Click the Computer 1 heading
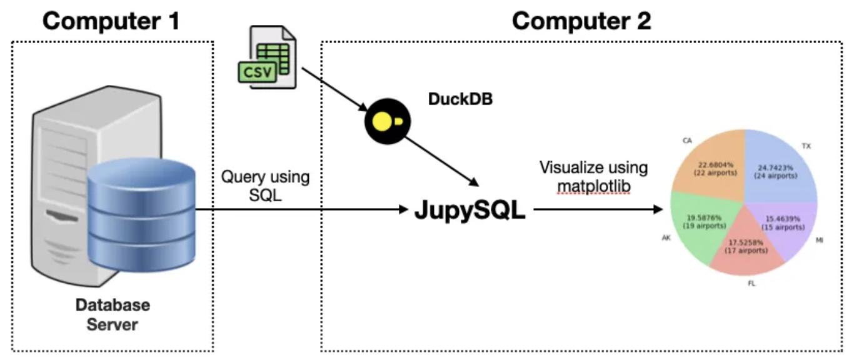pyautogui.click(x=112, y=21)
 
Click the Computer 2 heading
pyautogui.click(x=581, y=21)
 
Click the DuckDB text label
pyautogui.click(x=460, y=99)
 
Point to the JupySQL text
pyautogui.click(x=470, y=211)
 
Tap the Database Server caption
pyautogui.click(x=113, y=315)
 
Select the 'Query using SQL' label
pyautogui.click(x=265, y=186)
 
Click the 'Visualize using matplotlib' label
pyautogui.click(x=593, y=177)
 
